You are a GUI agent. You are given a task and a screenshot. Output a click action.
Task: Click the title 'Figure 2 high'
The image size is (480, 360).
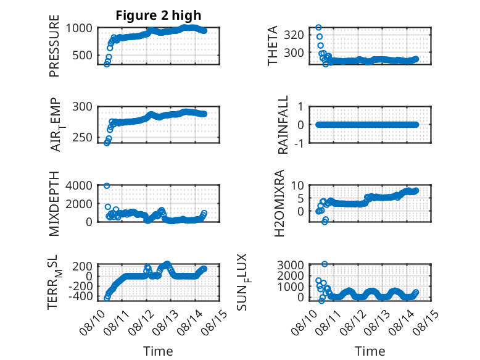[159, 15]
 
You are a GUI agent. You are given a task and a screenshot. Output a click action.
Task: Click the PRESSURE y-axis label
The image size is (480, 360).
[54, 46]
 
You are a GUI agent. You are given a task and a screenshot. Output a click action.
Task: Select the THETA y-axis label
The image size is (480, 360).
[272, 46]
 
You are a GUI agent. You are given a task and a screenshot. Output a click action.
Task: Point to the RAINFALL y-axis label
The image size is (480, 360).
[283, 125]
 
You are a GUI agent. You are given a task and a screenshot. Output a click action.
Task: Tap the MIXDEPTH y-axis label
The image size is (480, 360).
[54, 204]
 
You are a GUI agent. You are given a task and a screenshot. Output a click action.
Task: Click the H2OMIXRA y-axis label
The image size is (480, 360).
[279, 203]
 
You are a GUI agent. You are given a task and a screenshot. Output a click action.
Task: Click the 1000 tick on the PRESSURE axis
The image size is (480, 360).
[79, 28]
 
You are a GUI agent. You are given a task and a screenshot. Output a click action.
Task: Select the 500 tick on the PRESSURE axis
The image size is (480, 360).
[82, 56]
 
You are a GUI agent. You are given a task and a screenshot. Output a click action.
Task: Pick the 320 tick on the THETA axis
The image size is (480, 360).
[294, 35]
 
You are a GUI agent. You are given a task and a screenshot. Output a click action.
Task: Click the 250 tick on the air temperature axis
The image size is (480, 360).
[82, 138]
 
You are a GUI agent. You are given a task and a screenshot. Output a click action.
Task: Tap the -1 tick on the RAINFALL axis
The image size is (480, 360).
[300, 143]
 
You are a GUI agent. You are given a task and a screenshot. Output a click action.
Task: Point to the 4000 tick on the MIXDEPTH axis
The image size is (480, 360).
[79, 186]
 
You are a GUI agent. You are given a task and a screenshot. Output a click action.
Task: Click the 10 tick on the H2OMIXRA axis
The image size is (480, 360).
[297, 185]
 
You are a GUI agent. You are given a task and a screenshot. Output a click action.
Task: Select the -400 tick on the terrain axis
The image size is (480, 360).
[80, 296]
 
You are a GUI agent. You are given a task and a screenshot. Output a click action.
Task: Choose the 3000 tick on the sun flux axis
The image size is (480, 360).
[291, 265]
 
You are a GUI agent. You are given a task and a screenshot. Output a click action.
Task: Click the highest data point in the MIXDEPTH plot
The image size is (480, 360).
[107, 186]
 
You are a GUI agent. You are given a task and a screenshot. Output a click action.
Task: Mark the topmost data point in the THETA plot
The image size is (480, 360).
[319, 28]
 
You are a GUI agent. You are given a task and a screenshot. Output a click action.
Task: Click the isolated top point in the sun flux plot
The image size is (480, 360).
[325, 264]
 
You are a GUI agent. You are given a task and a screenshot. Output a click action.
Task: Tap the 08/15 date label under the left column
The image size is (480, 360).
[215, 322]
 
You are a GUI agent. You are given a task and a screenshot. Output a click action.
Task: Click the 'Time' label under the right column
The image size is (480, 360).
[370, 351]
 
